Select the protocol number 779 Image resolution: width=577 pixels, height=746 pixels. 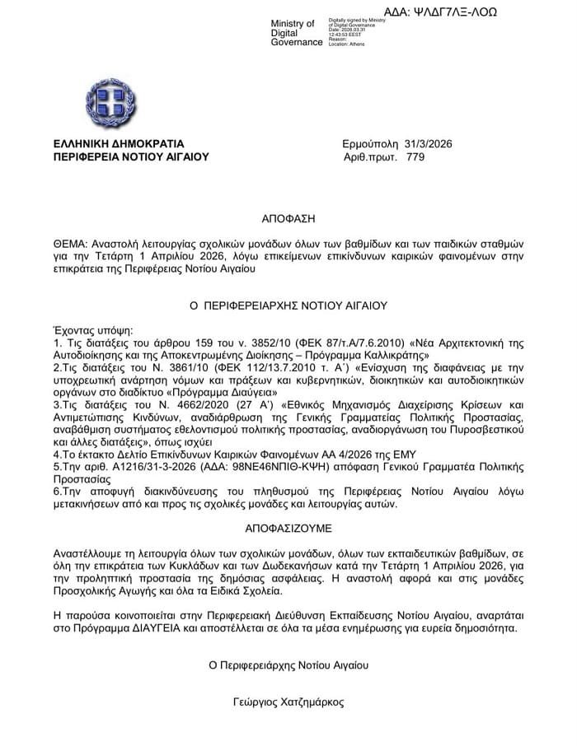click(415, 156)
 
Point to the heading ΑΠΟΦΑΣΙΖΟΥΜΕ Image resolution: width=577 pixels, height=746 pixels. click(288, 524)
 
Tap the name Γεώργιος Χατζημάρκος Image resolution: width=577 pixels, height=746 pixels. click(288, 702)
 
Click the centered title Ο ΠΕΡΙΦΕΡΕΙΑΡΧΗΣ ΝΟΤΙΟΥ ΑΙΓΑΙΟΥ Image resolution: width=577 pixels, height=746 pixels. click(288, 305)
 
